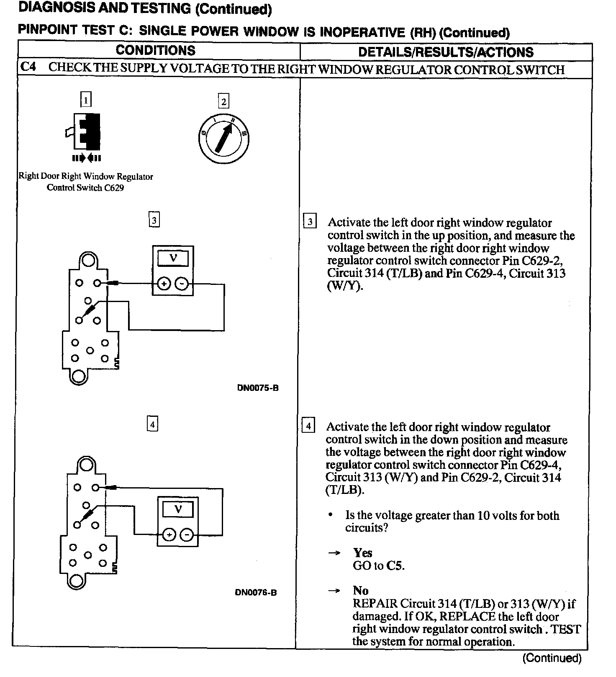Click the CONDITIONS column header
click(x=155, y=51)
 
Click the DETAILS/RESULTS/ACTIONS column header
click(x=446, y=52)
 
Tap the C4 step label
click(x=28, y=67)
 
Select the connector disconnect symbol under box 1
click(x=87, y=158)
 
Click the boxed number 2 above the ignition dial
click(x=224, y=101)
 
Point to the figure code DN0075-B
click(x=258, y=388)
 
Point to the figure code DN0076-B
click(x=256, y=592)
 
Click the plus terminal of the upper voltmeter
click(x=163, y=284)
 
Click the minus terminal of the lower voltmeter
click(x=187, y=535)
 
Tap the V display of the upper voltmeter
click(x=173, y=258)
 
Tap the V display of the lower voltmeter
click(x=178, y=509)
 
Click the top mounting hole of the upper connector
click(x=88, y=260)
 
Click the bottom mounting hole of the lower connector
click(x=77, y=581)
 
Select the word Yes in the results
click(x=362, y=553)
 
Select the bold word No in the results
click(x=360, y=590)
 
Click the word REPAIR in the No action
click(x=375, y=604)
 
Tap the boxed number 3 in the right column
click(x=310, y=222)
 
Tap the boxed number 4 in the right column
click(x=308, y=426)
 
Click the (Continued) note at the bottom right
click(x=552, y=658)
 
